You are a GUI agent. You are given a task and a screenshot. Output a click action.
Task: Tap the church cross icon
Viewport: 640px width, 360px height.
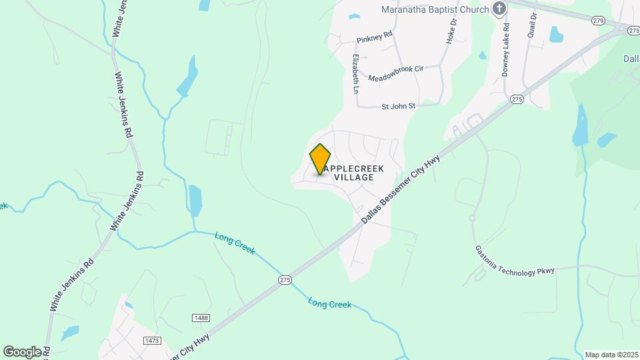tap(499, 9)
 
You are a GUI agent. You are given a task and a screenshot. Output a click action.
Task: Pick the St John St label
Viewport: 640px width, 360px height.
tap(398, 106)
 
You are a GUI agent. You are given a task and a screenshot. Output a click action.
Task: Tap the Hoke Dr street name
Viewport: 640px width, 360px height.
tap(451, 31)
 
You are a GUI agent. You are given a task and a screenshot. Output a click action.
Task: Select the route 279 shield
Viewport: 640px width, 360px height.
tap(597, 21)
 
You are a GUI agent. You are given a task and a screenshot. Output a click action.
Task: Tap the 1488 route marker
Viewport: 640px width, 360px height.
tap(201, 318)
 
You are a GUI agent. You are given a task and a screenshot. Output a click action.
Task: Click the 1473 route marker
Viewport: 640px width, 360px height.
tap(152, 340)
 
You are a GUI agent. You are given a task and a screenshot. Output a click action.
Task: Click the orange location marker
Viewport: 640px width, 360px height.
tap(320, 159)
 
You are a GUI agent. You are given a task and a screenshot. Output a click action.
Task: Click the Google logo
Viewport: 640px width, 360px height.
tap(22, 351)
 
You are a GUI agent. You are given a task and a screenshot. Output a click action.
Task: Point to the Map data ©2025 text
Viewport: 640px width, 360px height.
tap(610, 354)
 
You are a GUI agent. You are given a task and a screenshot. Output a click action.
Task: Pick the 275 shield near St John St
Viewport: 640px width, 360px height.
tap(517, 99)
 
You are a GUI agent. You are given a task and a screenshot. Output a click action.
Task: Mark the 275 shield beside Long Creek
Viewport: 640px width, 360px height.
tap(285, 281)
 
